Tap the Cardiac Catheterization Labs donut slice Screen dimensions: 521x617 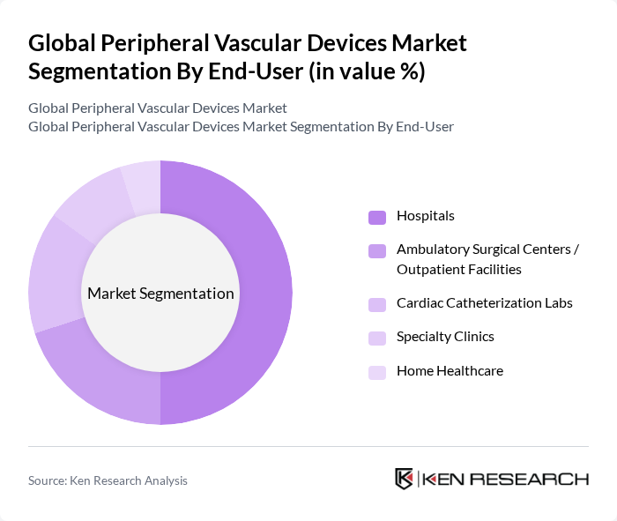(52, 273)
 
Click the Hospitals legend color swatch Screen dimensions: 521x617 (377, 217)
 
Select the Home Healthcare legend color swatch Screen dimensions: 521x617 (377, 372)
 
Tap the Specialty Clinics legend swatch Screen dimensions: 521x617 (377, 338)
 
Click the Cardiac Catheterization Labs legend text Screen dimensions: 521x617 (484, 303)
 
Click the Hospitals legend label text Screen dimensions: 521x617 (426, 216)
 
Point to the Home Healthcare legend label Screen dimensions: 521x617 (450, 371)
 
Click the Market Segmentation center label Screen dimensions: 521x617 (160, 294)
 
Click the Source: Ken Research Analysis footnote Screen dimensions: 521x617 (108, 480)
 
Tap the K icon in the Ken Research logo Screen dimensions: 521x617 (404, 479)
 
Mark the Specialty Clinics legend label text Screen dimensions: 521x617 (445, 337)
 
